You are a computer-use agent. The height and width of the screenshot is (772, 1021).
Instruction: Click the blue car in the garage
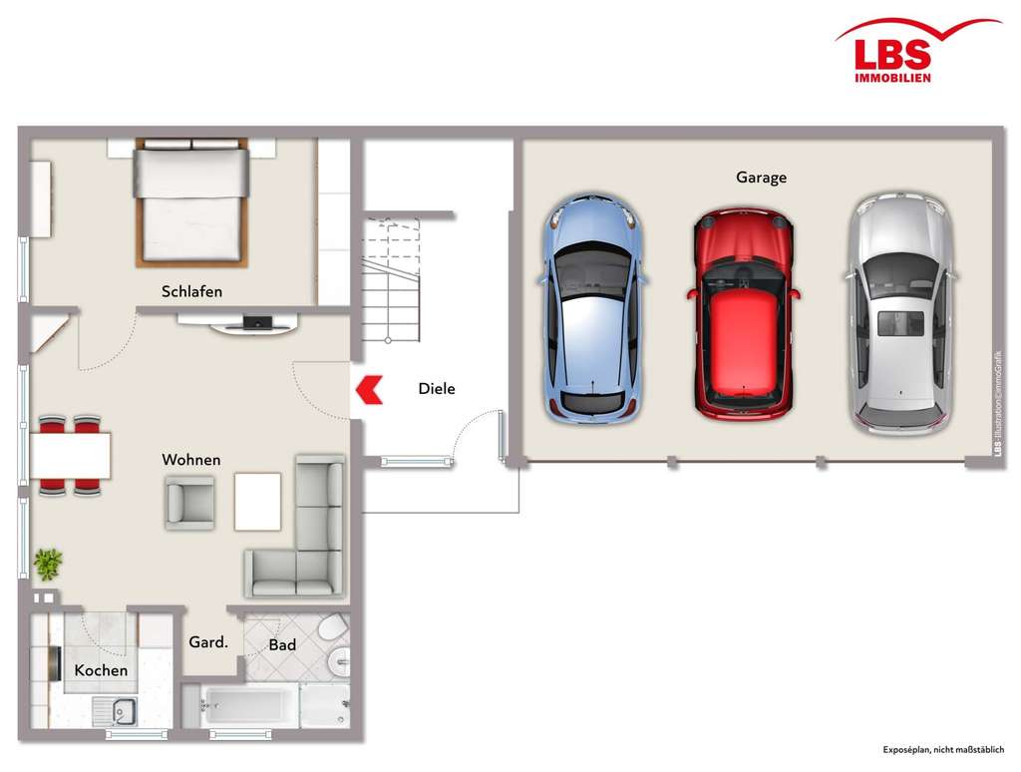click(x=592, y=309)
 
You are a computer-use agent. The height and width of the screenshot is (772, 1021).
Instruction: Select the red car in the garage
click(x=743, y=314)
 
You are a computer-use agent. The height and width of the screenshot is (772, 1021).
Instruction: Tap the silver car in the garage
click(x=900, y=314)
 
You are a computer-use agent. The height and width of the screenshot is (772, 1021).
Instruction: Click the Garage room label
click(x=761, y=178)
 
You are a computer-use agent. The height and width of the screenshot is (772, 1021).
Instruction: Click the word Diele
click(x=436, y=389)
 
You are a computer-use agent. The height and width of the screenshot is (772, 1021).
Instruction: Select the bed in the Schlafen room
click(x=191, y=203)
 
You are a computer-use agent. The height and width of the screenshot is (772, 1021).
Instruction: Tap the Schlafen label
click(x=191, y=292)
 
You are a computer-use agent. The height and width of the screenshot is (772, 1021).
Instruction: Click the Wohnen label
click(x=191, y=460)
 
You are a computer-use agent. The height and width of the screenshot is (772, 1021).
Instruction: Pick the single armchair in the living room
click(x=189, y=502)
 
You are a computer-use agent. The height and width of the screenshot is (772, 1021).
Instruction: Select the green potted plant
click(x=47, y=565)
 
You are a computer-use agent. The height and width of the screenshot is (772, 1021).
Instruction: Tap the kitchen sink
click(x=118, y=710)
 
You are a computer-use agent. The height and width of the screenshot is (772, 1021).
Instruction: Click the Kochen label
click(x=101, y=670)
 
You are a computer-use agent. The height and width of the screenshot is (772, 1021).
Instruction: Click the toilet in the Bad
click(x=333, y=628)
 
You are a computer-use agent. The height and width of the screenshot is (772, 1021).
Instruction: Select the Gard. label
click(x=208, y=643)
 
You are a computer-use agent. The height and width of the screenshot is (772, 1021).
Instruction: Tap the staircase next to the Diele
click(x=391, y=279)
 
